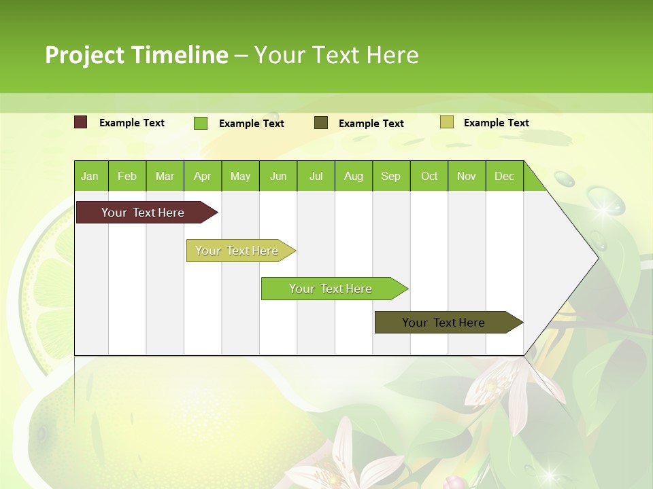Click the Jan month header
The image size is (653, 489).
click(90, 176)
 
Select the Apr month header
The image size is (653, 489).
click(202, 176)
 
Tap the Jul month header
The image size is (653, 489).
click(316, 176)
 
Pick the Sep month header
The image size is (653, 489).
click(390, 176)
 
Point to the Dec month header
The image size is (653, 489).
click(504, 176)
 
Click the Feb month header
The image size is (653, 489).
click(127, 176)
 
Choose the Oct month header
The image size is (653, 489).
click(429, 176)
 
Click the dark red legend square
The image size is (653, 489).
click(81, 122)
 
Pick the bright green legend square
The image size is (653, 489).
click(201, 123)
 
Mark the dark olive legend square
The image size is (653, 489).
click(321, 123)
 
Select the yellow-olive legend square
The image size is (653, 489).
click(446, 122)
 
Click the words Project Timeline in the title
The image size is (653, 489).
click(136, 55)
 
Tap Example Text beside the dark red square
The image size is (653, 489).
click(132, 123)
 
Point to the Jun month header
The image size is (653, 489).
click(278, 176)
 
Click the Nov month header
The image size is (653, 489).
click(467, 176)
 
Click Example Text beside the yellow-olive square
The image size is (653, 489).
click(497, 123)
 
